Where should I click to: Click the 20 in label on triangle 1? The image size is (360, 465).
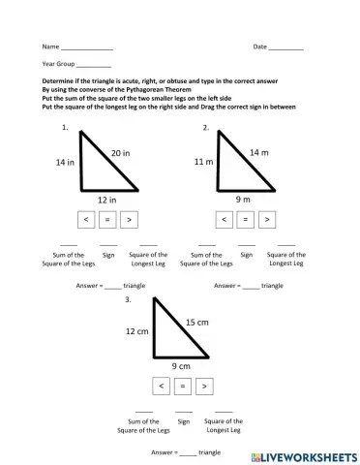click(120, 153)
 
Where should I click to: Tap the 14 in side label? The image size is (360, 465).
click(66, 163)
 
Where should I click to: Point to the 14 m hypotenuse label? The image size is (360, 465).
click(259, 152)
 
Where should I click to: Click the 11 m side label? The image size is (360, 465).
click(203, 162)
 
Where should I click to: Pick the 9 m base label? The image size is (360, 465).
click(245, 200)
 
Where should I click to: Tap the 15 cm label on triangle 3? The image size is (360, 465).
click(196, 321)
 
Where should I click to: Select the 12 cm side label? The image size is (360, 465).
click(135, 331)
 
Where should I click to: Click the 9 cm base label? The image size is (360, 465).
click(181, 367)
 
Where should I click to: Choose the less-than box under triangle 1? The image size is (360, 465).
click(86, 220)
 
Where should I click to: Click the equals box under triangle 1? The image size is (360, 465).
click(107, 220)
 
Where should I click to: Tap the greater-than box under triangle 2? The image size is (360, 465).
click(268, 220)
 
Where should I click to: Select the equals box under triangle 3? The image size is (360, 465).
click(181, 387)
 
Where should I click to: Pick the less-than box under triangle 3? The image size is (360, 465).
click(160, 387)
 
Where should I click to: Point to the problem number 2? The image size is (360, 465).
click(206, 128)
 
